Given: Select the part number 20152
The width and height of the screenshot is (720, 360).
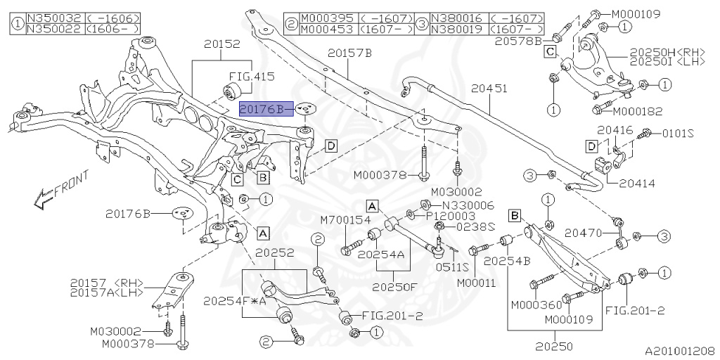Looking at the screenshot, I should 222,44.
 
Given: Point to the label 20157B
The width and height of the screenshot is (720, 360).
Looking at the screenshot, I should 349,53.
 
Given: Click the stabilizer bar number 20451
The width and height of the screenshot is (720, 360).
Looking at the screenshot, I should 489,89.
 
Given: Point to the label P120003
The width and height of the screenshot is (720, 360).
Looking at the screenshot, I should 457,215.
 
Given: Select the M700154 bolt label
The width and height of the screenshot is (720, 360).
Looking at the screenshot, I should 345,221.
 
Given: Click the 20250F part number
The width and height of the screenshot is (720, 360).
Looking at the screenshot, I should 396,287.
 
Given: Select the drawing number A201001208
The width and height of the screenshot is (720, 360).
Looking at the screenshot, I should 680,349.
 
